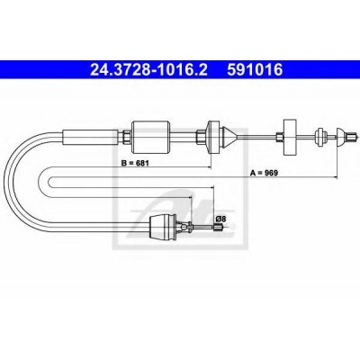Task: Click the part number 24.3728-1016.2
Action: coord(148,70)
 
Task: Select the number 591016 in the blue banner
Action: coord(255,70)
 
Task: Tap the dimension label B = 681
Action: coord(135,163)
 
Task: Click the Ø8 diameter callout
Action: coord(220,220)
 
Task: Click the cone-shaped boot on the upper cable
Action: coord(229,137)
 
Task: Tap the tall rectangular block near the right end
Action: coord(290,137)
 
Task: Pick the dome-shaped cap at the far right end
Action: coord(342,137)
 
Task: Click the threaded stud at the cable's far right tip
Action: coord(351,137)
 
